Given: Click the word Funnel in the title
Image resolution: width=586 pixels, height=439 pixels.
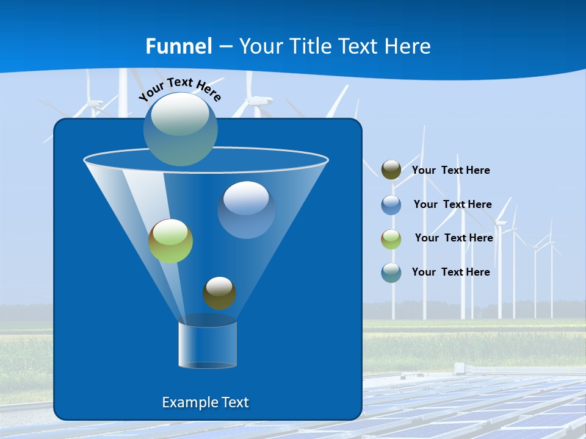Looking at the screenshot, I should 179,46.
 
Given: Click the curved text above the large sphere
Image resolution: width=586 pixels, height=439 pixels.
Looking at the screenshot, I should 179,88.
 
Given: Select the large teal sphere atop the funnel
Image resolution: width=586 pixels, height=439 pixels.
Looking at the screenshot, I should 180,129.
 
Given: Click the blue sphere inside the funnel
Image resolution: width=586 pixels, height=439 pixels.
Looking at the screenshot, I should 246,210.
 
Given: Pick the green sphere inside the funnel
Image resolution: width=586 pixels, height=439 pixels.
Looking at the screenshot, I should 170,241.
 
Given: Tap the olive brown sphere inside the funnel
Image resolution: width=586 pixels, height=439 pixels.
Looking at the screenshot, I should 219,293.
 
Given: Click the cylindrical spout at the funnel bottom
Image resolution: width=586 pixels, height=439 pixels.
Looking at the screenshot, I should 207,345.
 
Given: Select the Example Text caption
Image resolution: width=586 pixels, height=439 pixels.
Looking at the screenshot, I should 205,402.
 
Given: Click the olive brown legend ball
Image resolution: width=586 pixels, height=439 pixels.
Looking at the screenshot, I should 391,170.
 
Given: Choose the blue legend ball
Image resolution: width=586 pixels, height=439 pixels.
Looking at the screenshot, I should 391,204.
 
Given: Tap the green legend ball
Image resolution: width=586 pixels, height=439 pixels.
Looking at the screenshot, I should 391,238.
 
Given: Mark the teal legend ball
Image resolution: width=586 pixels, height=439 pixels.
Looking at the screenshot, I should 391,273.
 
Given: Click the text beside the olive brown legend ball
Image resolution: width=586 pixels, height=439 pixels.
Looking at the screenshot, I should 450,170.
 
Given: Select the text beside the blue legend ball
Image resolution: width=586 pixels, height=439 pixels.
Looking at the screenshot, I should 452,204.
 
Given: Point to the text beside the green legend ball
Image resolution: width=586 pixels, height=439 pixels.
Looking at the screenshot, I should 454,238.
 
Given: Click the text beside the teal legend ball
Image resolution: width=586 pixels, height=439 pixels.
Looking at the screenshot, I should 450,272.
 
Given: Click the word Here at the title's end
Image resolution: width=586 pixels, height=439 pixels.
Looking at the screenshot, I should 409,46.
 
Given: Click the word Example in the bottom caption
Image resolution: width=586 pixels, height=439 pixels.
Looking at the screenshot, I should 189,402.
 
